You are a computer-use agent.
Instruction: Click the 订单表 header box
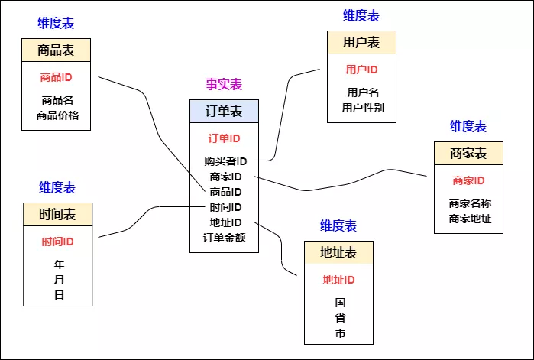tap(224, 112)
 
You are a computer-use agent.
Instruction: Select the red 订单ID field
tap(224, 138)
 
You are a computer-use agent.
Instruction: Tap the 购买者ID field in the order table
tap(225, 161)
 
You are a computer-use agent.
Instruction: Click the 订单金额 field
tap(225, 237)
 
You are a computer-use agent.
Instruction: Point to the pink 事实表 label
tap(224, 84)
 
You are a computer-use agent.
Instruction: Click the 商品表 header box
tap(56, 50)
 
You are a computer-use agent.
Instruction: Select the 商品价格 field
tap(57, 115)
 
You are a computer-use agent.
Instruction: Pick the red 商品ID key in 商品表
tap(56, 77)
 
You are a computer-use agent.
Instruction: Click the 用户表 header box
tap(361, 42)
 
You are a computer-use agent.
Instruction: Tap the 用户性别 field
tap(363, 108)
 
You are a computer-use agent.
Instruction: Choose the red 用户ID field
tap(362, 70)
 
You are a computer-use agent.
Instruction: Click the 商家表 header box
tap(468, 153)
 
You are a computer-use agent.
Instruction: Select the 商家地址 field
tap(470, 219)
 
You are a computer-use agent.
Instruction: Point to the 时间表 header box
tap(57, 214)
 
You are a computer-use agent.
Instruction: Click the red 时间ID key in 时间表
tap(57, 242)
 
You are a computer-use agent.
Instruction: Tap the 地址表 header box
tap(338, 252)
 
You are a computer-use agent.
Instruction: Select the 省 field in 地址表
tap(340, 319)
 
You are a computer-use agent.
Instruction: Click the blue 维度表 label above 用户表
tap(361, 15)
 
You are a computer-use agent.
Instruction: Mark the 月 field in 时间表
tap(59, 280)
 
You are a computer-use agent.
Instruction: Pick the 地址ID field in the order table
tap(225, 222)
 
